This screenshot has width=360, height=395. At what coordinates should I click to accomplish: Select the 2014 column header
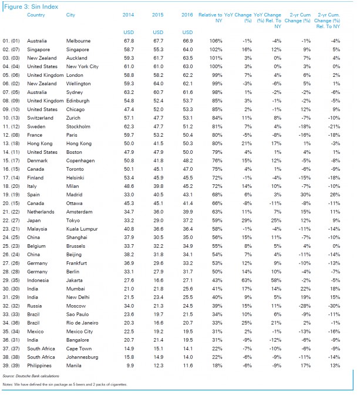(x=129, y=14)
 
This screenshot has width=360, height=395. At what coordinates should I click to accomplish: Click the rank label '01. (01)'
(x=14, y=41)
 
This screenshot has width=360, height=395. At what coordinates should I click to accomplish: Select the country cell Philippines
(x=41, y=365)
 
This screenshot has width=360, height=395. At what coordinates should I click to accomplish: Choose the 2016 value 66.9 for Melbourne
(x=186, y=41)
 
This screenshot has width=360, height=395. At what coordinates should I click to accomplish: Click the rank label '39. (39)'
(x=14, y=365)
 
